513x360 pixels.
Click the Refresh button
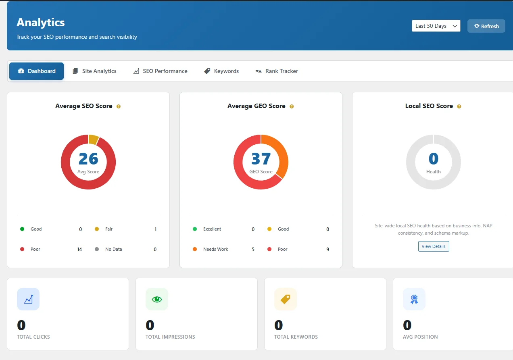pos(486,26)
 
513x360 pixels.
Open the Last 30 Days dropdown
pos(436,26)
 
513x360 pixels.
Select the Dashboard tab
pos(37,71)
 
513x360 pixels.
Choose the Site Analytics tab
pos(94,71)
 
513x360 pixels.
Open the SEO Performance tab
pos(161,71)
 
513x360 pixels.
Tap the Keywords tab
pos(221,71)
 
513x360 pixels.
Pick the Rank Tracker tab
pos(277,71)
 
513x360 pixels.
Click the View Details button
pos(434,246)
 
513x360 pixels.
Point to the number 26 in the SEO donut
pos(88,159)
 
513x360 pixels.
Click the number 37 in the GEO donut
pos(261,159)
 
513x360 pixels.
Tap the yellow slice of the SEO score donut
pos(93,139)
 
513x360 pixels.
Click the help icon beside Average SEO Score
pos(119,106)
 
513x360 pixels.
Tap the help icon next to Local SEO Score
pos(459,106)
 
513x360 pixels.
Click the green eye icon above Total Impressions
pos(157,299)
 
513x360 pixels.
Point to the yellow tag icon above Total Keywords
pos(286,299)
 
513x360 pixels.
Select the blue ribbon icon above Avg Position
pos(414,299)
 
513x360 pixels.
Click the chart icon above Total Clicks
pos(28,299)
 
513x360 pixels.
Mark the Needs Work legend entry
pos(215,249)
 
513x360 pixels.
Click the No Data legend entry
pos(113,249)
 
